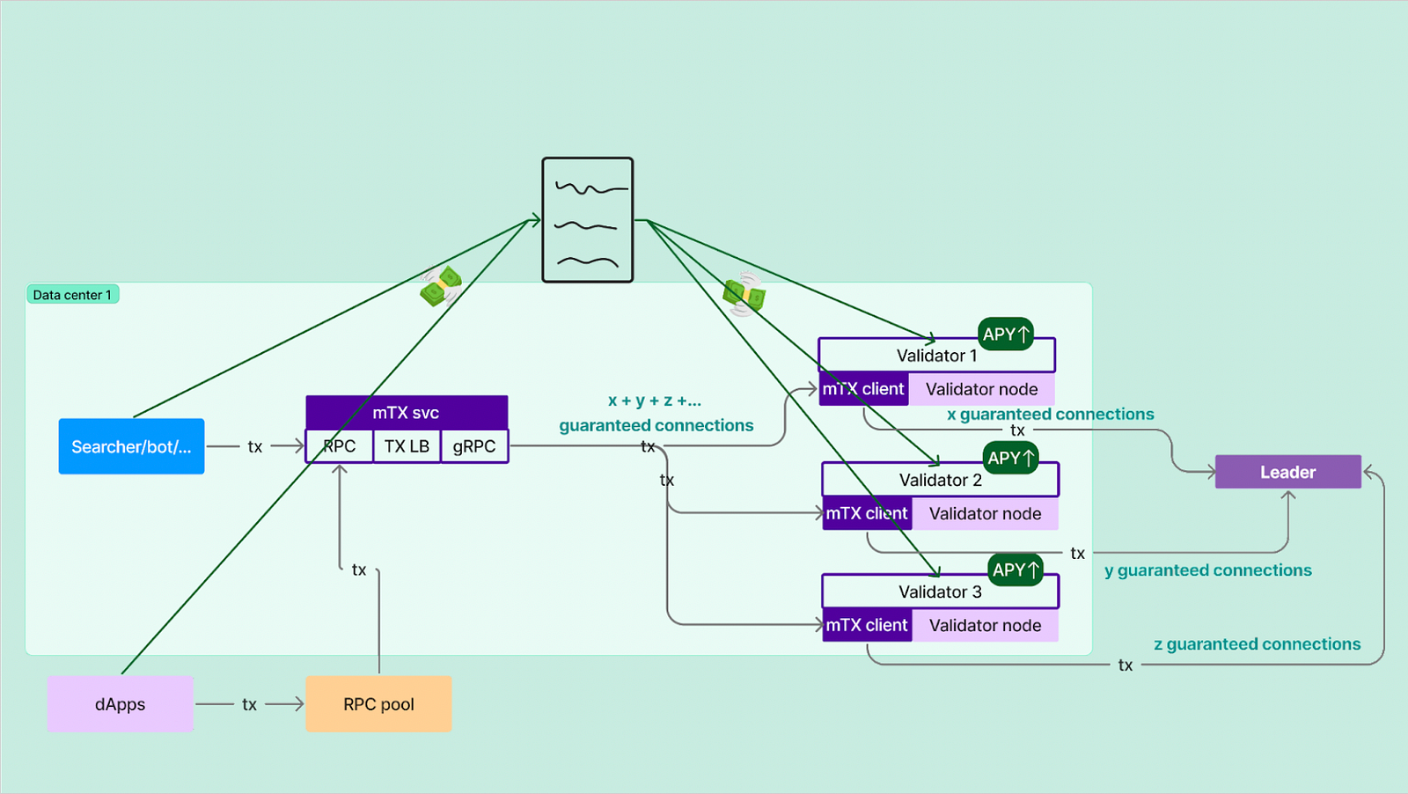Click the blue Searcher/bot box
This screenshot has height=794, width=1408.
[x=131, y=446]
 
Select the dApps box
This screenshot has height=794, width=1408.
[x=121, y=704]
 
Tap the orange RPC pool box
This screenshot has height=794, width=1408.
[x=378, y=704]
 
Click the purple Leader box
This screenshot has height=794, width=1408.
[x=1287, y=472]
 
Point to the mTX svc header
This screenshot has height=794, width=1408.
[x=406, y=412]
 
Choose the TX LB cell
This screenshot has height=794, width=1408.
[x=407, y=446]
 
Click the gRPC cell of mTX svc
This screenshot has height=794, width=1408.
[x=474, y=446]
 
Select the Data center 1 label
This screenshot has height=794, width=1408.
[x=72, y=295]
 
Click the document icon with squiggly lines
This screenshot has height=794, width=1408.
[x=587, y=220]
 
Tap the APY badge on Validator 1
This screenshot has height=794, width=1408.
[x=1005, y=335]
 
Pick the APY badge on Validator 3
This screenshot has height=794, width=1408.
[x=1016, y=570]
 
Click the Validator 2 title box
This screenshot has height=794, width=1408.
[x=940, y=480]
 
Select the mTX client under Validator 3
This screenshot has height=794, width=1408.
[x=867, y=625]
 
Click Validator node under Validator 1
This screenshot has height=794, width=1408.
[x=981, y=389]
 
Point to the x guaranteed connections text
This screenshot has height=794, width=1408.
[x=1050, y=414]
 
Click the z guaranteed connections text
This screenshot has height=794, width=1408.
[x=1257, y=644]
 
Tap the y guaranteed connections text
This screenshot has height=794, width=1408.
[x=1207, y=570]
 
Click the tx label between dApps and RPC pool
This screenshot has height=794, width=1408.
[x=250, y=704]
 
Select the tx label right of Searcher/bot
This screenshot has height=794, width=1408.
[x=255, y=446]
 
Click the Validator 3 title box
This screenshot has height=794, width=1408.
[x=940, y=592]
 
